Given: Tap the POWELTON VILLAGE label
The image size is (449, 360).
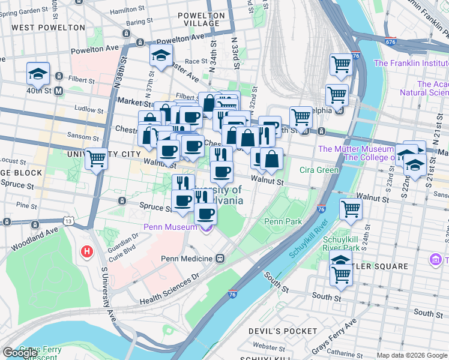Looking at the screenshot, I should [x=202, y=19].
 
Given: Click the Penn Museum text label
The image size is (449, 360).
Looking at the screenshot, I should [x=170, y=227].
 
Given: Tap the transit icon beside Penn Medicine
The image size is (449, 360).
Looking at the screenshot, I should [x=220, y=259].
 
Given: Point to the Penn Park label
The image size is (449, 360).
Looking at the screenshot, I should [x=283, y=221].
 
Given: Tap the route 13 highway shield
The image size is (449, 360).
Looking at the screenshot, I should [x=70, y=221].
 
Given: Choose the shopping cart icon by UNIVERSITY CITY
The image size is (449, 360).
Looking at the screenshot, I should [x=97, y=159].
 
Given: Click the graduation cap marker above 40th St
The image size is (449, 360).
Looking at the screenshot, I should [x=38, y=75].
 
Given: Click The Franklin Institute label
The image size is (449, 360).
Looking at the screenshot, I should [x=411, y=62].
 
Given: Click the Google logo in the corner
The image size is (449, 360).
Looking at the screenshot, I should [x=20, y=353].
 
